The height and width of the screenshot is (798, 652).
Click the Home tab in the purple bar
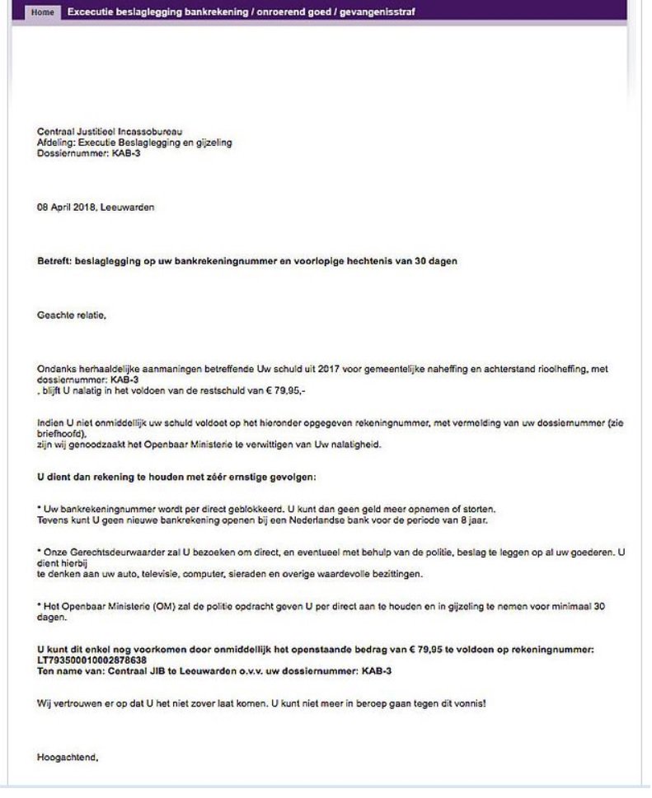(45, 13)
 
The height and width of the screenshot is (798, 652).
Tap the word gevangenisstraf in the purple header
(375, 13)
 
